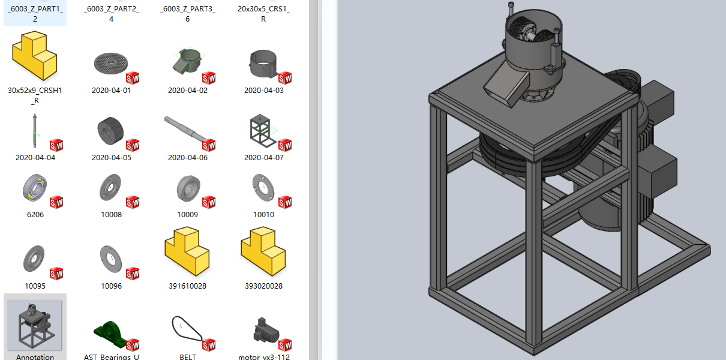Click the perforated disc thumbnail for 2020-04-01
[x=111, y=63]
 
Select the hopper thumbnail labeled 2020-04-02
[x=187, y=61]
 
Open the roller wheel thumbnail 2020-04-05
[x=110, y=131]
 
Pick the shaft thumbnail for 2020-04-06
[x=185, y=130]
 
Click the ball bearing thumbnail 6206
[x=35, y=188]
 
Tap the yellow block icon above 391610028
[x=187, y=251]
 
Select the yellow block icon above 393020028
[x=263, y=251]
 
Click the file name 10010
[x=263, y=215]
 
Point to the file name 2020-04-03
[x=263, y=91]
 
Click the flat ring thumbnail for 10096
[x=111, y=259]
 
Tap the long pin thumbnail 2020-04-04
[x=35, y=131]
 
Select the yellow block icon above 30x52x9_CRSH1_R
[x=35, y=56]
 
